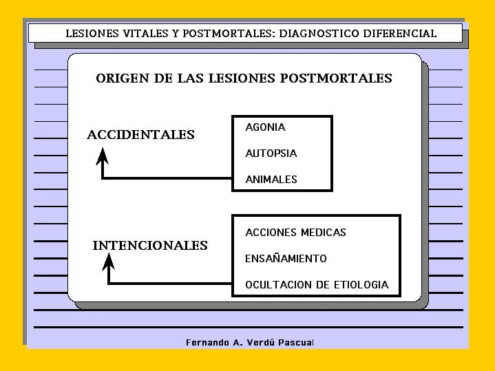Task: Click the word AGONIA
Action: [265, 127]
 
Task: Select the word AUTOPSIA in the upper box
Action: [271, 153]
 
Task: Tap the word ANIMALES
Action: [271, 180]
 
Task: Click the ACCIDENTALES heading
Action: [141, 135]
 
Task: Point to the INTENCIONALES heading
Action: [150, 246]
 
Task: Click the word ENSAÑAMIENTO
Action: [286, 259]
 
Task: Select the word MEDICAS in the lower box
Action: [324, 233]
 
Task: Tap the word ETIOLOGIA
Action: [361, 285]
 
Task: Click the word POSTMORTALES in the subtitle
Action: [336, 78]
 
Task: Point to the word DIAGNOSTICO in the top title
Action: [319, 33]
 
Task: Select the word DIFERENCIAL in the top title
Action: [400, 33]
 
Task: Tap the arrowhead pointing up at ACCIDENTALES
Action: [103, 156]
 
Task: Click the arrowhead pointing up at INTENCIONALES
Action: [108, 262]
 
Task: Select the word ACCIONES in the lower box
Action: [271, 233]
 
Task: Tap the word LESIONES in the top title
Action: [92, 33]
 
